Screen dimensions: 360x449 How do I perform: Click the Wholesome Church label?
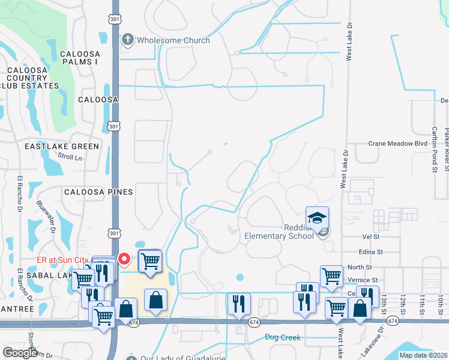pos(173,40)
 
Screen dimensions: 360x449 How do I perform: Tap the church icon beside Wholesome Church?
pos(127,40)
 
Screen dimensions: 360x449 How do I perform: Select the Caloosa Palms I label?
pos(84,58)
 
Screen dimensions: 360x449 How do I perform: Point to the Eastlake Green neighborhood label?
pos(62,146)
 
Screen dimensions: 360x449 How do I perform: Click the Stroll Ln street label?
pos(70,157)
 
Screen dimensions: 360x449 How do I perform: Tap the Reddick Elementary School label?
pos(279,232)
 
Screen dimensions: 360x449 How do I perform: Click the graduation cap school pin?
pos(317,217)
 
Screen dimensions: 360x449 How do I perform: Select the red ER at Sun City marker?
pos(124,259)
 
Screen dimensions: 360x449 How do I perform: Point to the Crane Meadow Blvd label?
pos(397,144)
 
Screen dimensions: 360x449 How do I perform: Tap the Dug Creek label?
pos(283,338)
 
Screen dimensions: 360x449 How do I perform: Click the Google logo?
pos(20,353)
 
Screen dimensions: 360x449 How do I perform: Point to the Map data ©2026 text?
pos(423,355)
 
